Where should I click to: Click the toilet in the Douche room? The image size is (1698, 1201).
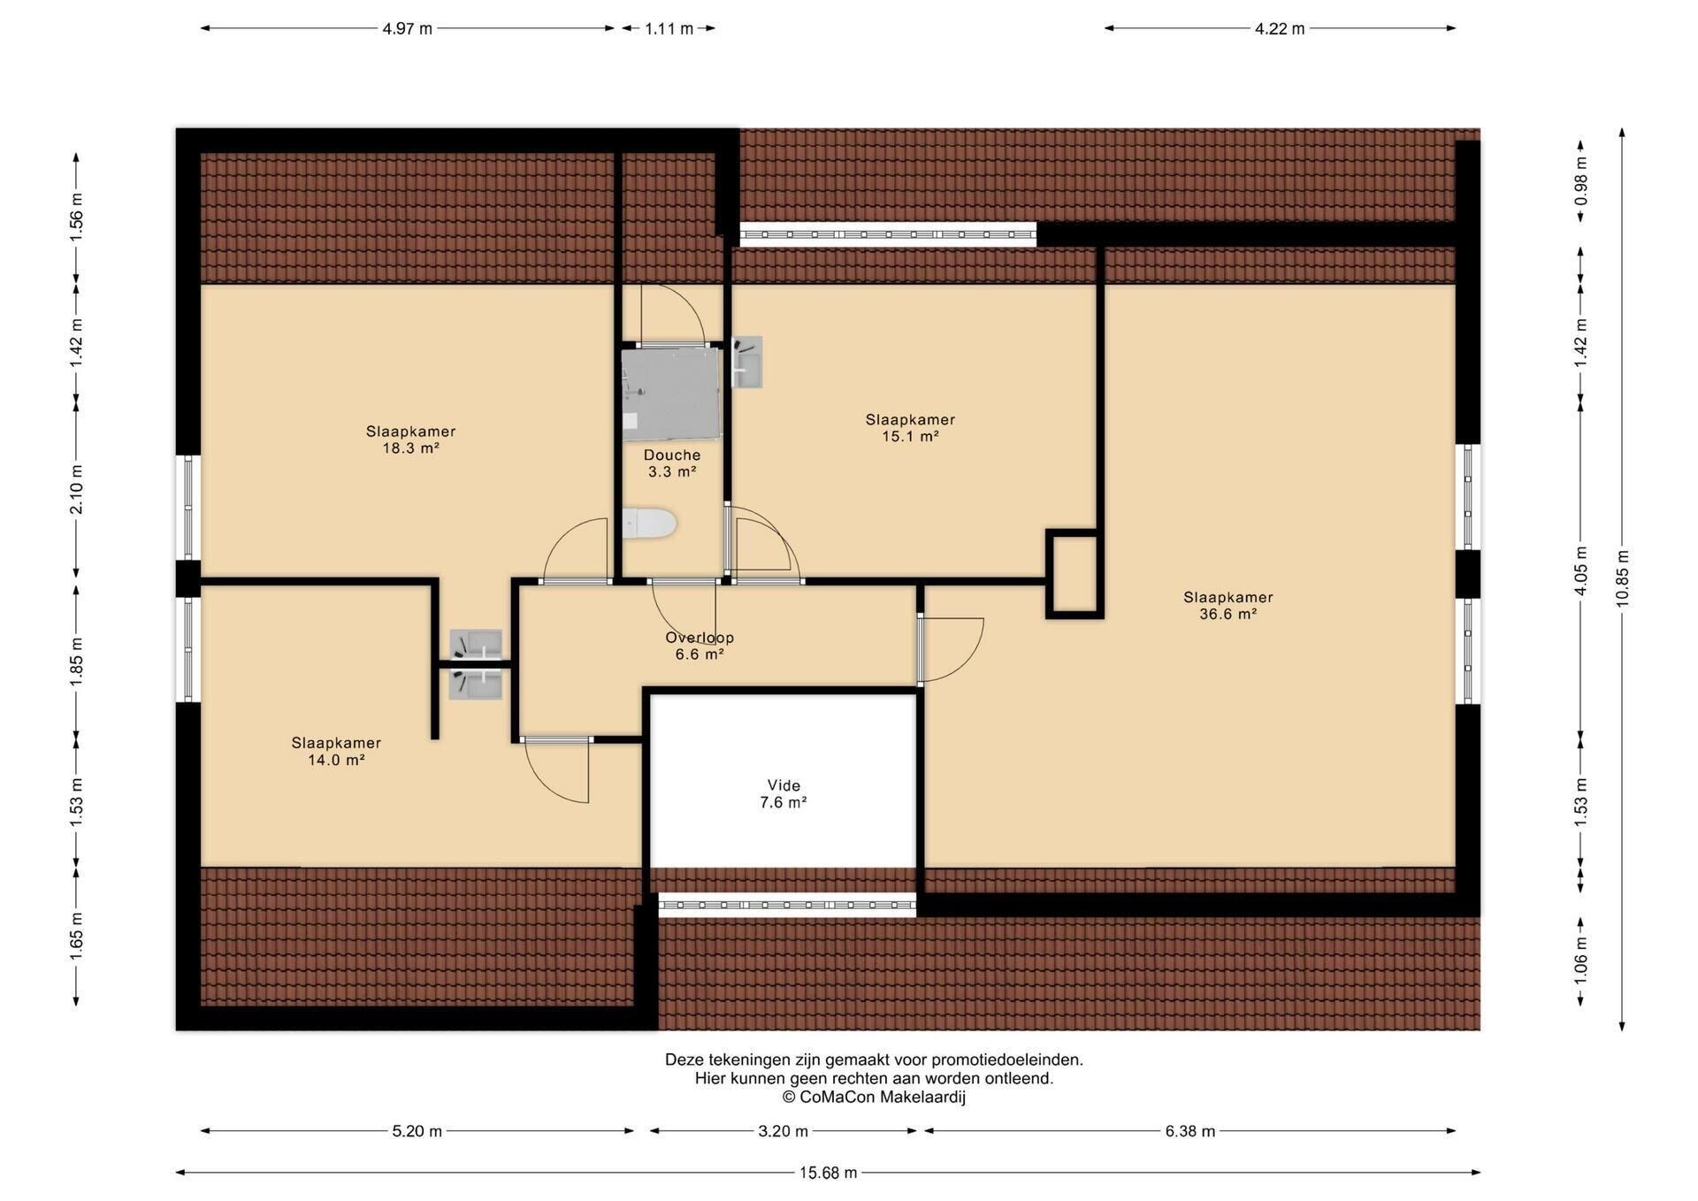[x=649, y=524]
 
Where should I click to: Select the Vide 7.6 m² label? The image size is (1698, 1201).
[x=784, y=793]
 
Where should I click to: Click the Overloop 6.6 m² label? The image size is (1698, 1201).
[x=700, y=646]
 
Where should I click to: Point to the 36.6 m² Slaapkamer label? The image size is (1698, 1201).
[x=1228, y=605]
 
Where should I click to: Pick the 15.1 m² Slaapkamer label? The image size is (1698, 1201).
[x=910, y=428]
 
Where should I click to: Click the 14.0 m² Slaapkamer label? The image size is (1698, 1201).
[x=336, y=751]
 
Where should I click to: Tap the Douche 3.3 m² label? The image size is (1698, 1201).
[x=672, y=463]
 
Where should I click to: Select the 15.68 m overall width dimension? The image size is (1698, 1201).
[x=829, y=1173]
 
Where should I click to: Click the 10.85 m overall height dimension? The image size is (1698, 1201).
[x=1622, y=579]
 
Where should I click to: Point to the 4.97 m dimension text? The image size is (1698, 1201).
[x=408, y=28]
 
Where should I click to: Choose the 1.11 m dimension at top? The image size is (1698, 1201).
[x=669, y=28]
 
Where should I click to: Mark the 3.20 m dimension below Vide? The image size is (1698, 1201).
[x=784, y=1131]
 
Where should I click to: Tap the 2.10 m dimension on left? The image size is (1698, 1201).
[x=76, y=489]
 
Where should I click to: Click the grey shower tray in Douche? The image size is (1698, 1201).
[x=671, y=394]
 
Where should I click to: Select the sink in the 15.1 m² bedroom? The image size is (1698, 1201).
[x=747, y=362]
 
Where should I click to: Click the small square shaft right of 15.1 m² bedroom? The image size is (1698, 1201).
[x=1075, y=574]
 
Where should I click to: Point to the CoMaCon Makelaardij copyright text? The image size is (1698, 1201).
[x=874, y=1098]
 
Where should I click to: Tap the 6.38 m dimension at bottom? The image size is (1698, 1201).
[x=1189, y=1131]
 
